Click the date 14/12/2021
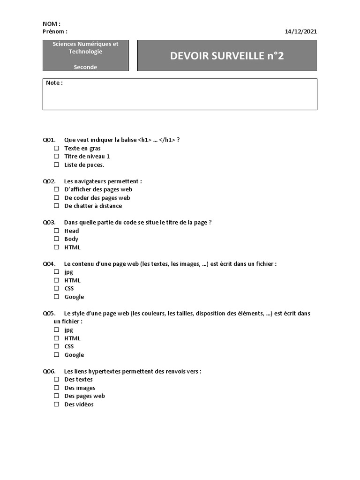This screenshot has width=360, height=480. (300, 31)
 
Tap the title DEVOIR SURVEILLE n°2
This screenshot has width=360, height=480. (227, 56)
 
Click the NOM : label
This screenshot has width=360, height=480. (52, 24)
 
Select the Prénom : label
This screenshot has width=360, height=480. (55, 31)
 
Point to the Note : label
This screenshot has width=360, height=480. (54, 83)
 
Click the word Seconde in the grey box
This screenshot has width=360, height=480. (85, 67)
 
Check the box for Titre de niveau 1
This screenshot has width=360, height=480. (56, 157)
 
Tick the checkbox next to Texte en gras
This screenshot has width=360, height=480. (56, 148)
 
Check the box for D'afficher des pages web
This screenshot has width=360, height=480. (56, 189)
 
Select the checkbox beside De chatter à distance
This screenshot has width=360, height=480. (56, 206)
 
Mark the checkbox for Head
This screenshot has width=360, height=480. (56, 231)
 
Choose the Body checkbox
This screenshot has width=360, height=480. (56, 239)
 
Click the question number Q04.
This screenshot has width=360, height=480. (49, 264)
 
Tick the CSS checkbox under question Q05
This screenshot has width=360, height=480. (56, 346)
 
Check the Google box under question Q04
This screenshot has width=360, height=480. (56, 297)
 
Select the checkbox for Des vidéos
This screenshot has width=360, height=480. (56, 404)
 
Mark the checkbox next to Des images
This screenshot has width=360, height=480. (56, 388)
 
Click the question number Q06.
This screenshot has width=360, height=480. (49, 371)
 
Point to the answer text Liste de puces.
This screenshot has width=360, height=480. (84, 165)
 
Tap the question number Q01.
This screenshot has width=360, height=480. (49, 140)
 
